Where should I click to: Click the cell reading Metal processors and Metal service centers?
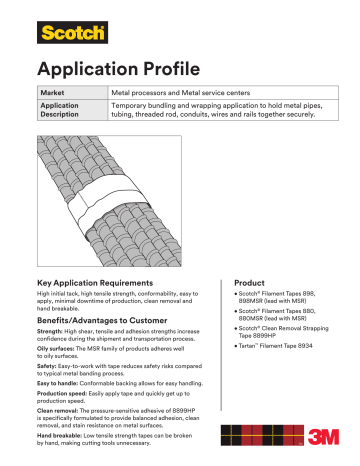tap(180, 92)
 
